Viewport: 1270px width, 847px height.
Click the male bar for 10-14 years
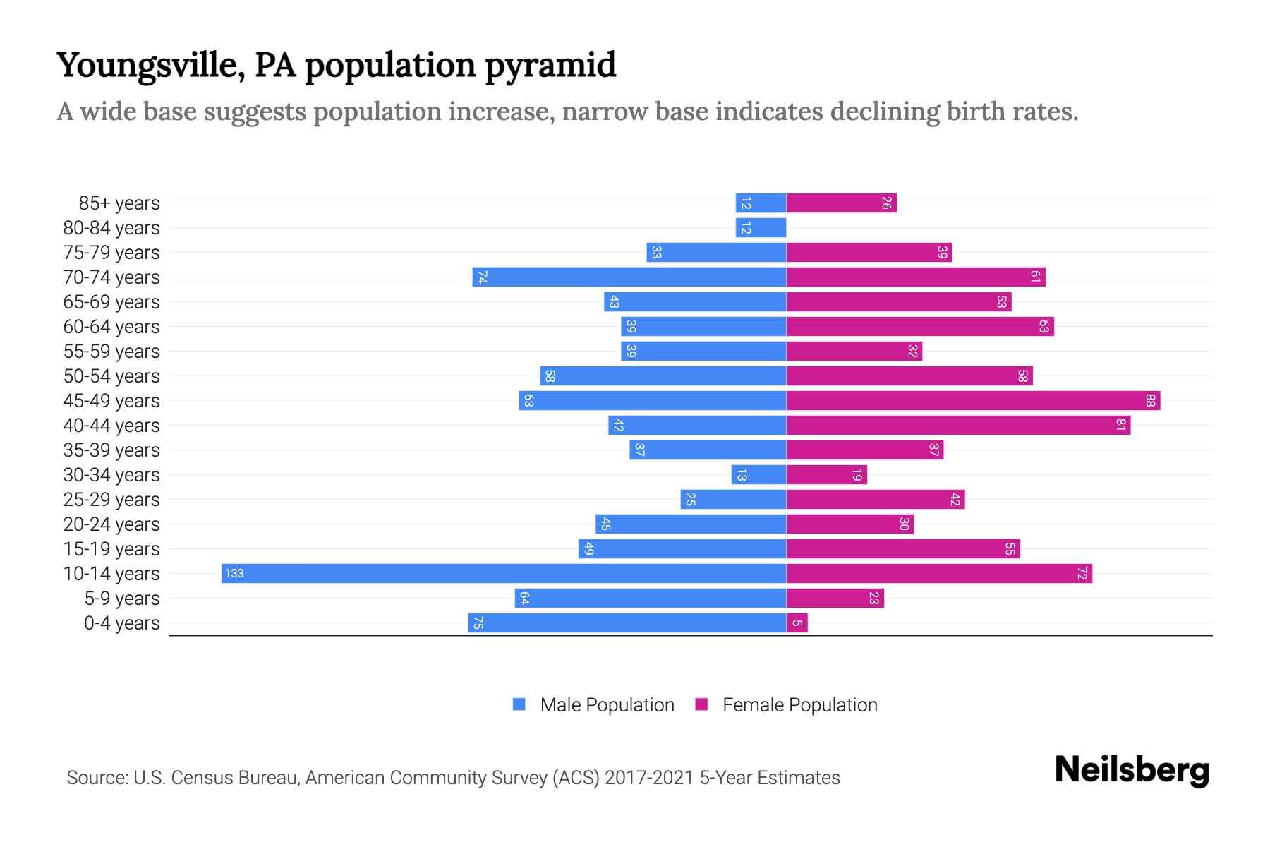(504, 573)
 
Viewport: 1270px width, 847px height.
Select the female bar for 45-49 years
(973, 401)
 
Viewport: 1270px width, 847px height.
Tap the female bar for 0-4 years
(797, 623)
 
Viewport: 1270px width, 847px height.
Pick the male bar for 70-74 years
(629, 277)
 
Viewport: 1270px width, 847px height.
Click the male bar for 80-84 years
(761, 228)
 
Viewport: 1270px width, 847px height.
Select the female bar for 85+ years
(841, 203)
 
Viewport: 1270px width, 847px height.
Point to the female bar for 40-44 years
(958, 426)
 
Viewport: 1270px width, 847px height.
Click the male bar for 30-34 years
(758, 475)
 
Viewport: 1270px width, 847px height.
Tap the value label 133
(234, 573)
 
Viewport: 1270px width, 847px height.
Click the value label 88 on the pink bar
(1150, 401)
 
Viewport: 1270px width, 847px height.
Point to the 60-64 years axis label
(111, 327)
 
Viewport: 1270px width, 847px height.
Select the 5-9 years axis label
(122, 599)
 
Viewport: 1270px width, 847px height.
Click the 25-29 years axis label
(111, 500)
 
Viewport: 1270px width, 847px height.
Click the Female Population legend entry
(787, 704)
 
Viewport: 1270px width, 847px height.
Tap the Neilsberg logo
(1132, 770)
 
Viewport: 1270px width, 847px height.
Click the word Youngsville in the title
(150, 66)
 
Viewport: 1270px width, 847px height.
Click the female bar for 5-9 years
(835, 599)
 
